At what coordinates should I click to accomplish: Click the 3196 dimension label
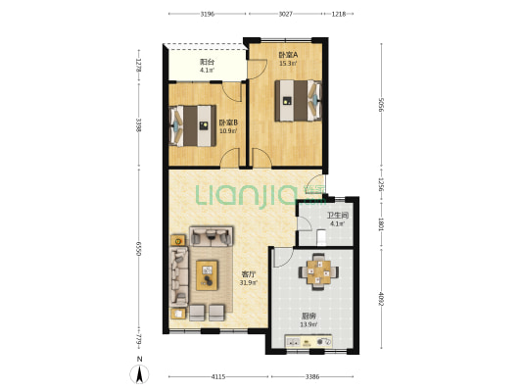click(207, 14)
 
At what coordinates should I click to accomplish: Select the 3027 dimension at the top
click(285, 14)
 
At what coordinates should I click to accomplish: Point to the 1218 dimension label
click(339, 14)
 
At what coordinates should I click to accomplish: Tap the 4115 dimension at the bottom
click(218, 376)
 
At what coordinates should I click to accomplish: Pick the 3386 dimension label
click(312, 376)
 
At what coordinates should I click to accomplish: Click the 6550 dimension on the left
click(139, 249)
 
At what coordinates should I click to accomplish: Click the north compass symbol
click(140, 371)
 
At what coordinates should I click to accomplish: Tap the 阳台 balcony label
click(207, 62)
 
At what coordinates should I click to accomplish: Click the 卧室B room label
click(228, 122)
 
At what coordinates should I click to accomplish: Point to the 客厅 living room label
click(249, 274)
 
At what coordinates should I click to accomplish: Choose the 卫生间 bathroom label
click(338, 216)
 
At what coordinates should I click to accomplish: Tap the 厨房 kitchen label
click(308, 317)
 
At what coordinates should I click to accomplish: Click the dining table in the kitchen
click(318, 271)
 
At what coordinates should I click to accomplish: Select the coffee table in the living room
click(207, 275)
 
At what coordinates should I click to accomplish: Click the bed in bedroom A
click(299, 101)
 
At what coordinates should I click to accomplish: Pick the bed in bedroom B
click(192, 125)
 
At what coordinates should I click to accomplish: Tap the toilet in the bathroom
click(321, 237)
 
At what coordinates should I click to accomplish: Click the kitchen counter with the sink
click(308, 341)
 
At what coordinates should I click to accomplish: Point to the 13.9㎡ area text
click(308, 324)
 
